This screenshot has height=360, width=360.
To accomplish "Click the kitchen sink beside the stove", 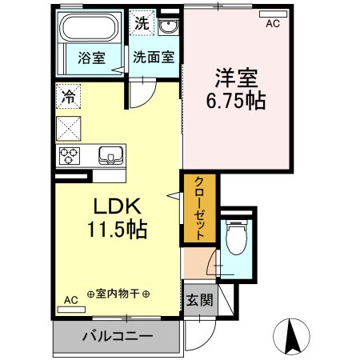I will (x=107, y=154).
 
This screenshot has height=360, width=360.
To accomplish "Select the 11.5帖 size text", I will (x=116, y=230).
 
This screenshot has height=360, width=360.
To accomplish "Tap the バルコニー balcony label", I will (x=116, y=337).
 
